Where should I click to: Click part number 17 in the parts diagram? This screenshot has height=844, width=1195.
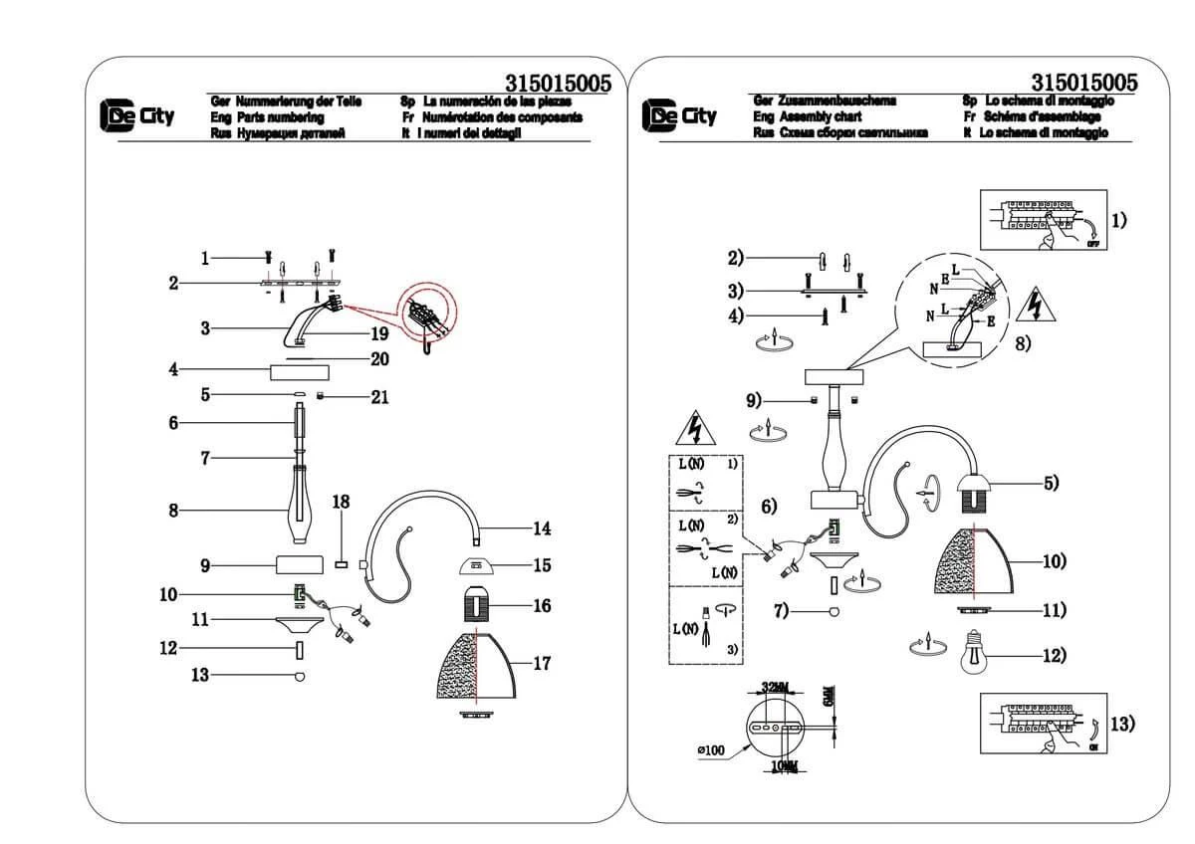[x=542, y=664]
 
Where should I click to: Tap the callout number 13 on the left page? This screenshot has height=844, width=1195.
[x=199, y=675]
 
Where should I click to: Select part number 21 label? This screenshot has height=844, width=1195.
[x=378, y=397]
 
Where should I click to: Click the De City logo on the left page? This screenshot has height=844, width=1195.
[x=136, y=115]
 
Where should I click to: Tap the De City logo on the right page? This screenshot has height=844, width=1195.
[x=679, y=115]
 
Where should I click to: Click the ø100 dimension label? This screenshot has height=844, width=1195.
[x=709, y=749]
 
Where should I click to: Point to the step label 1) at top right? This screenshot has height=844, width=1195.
[x=1119, y=220]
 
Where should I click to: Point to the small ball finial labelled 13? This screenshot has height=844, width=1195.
[x=298, y=676]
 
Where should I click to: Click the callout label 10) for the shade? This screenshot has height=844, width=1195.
[x=1054, y=561]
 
